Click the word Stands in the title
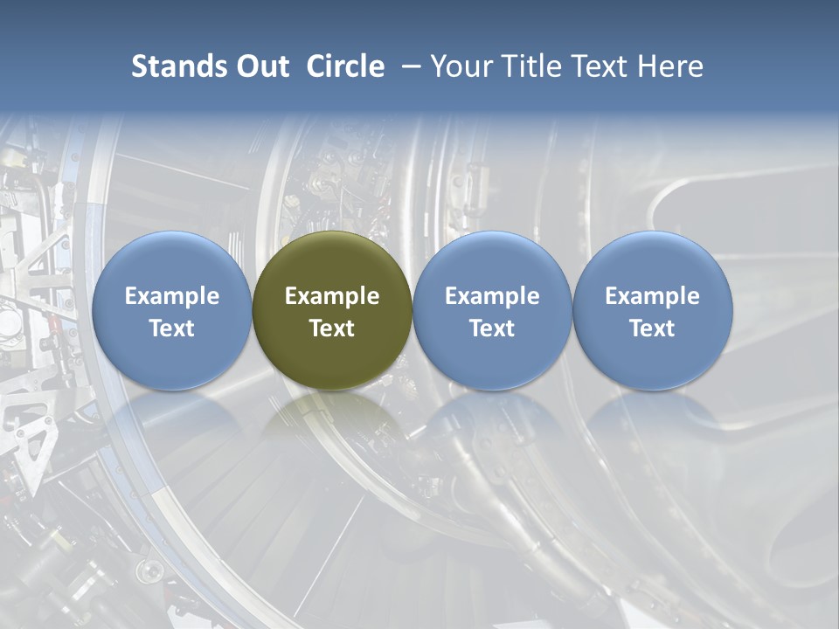pyautogui.click(x=175, y=66)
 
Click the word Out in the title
pyautogui.click(x=260, y=66)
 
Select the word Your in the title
pyautogui.click(x=463, y=66)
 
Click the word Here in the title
pyautogui.click(x=670, y=66)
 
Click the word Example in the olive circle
pyautogui.click(x=332, y=296)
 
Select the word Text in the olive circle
pyautogui.click(x=332, y=328)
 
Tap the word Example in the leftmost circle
pyautogui.click(x=171, y=296)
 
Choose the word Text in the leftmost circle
pyautogui.click(x=171, y=328)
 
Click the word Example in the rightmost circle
pyautogui.click(x=652, y=296)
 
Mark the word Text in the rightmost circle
pyautogui.click(x=652, y=328)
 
